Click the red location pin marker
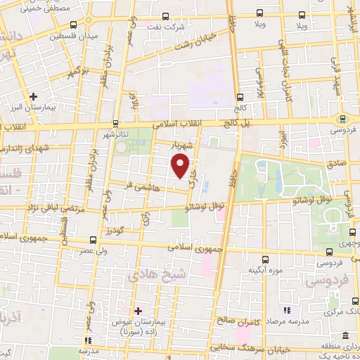tap(181, 166)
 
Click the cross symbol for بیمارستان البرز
tap(33, 96)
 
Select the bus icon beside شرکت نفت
tap(165, 17)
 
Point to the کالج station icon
tap(240, 97)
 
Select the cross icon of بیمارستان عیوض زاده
tap(138, 310)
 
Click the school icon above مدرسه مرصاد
tap(286, 310)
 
